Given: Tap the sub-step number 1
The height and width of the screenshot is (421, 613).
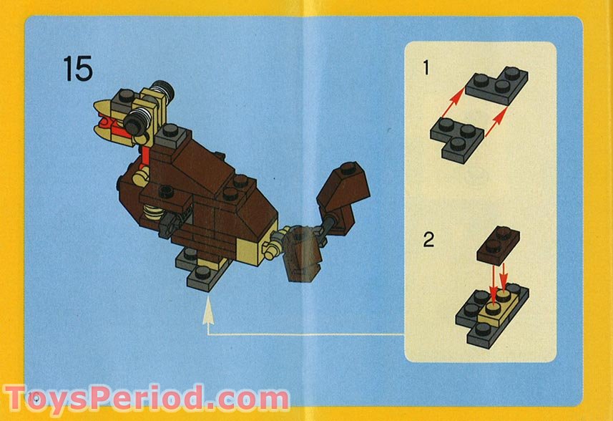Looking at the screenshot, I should pos(426,69).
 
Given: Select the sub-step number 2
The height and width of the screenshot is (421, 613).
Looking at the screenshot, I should pos(428,239).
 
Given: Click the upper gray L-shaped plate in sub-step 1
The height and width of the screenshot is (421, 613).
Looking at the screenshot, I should pos(497,85).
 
